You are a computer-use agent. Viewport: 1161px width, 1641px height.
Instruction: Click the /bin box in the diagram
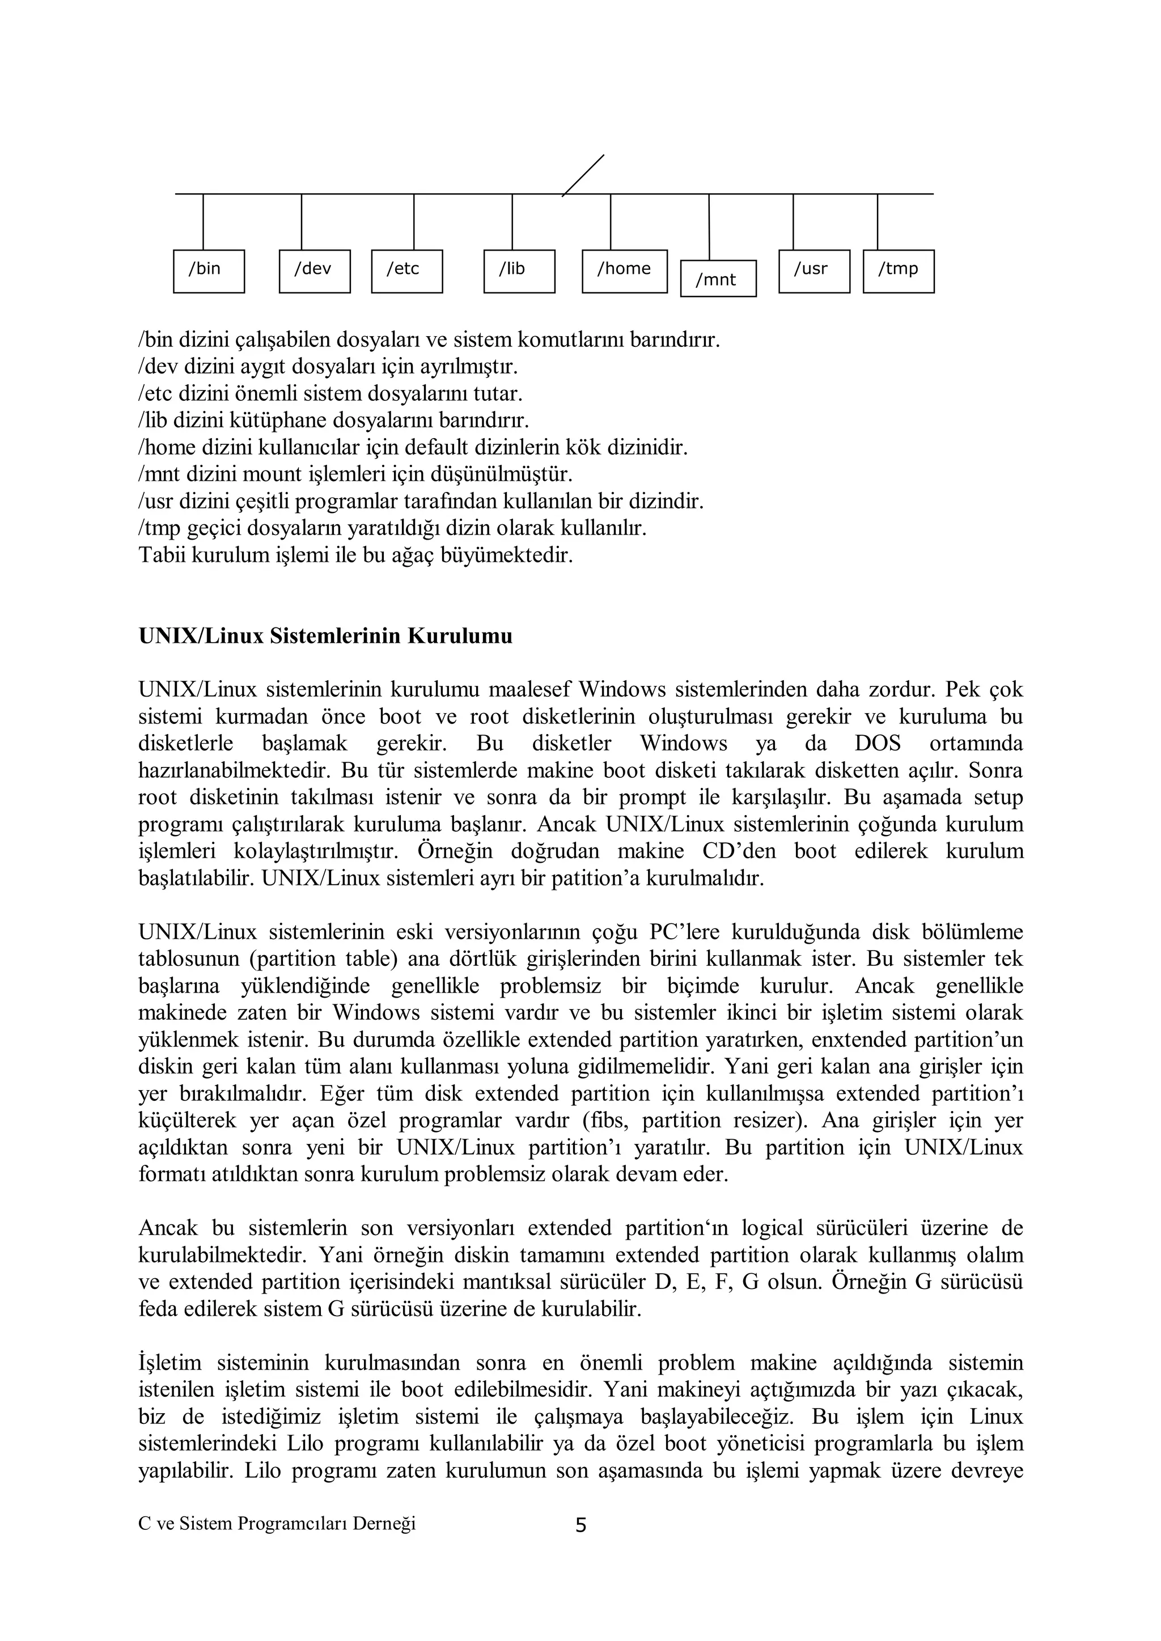209,271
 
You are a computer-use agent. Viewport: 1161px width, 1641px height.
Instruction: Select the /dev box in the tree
315,271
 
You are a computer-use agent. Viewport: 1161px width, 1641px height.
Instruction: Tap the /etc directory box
407,271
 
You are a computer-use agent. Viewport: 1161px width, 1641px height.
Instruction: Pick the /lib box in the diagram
519,271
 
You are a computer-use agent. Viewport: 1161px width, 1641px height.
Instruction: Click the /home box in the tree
624,271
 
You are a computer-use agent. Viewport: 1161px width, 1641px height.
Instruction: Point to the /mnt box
718,279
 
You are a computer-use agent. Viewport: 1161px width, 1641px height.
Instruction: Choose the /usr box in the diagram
814,271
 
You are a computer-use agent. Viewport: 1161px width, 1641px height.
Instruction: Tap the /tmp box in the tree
899,271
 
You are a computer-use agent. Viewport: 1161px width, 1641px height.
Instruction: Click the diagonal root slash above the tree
583,175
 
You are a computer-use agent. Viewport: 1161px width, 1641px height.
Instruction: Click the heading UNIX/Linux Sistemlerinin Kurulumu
325,636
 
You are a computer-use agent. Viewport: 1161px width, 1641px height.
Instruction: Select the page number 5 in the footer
580,1526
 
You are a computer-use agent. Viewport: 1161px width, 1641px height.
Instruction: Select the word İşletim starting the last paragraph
170,1363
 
